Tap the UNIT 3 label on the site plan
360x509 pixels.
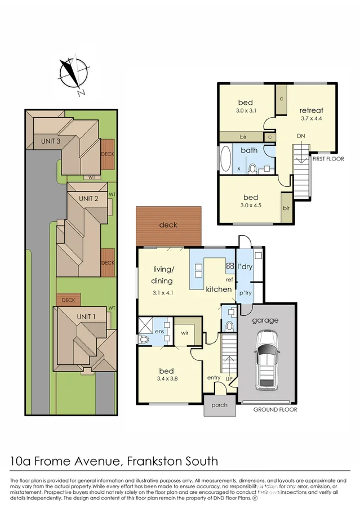(x=51, y=141)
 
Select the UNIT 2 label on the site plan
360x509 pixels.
(x=88, y=198)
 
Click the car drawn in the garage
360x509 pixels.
(x=266, y=360)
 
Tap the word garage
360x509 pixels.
(x=265, y=320)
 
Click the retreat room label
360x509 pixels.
(x=311, y=110)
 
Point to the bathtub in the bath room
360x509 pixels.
(x=225, y=159)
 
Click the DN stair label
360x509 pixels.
(x=301, y=136)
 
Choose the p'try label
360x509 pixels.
(x=246, y=294)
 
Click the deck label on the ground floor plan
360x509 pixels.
(x=168, y=225)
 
